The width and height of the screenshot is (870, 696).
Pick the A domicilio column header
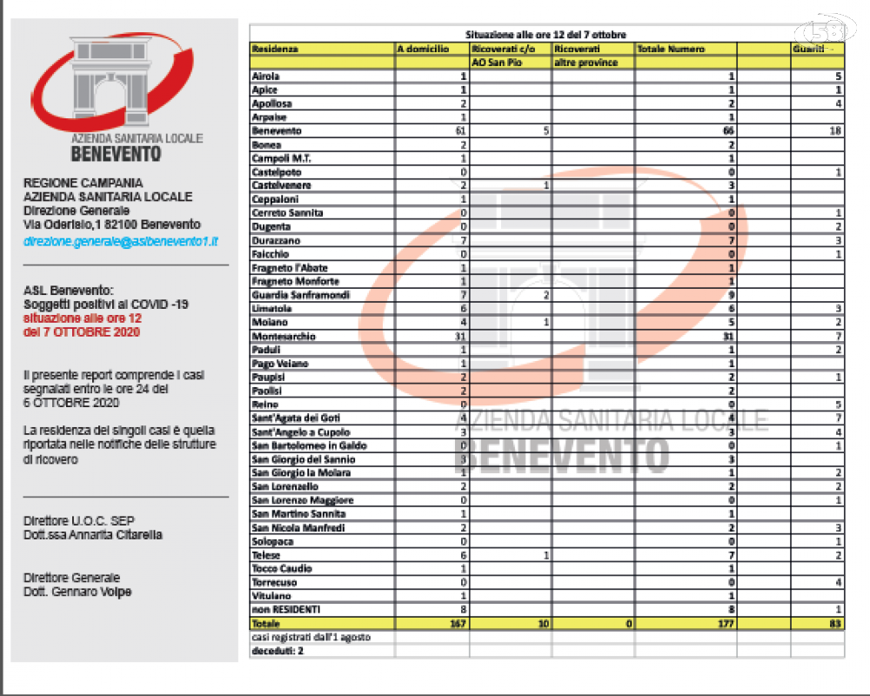click(423, 50)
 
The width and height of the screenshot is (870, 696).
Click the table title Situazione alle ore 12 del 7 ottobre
click(545, 35)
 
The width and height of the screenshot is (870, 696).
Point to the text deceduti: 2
click(278, 651)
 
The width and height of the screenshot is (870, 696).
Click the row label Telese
click(266, 555)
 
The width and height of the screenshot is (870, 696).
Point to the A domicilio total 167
click(458, 624)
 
